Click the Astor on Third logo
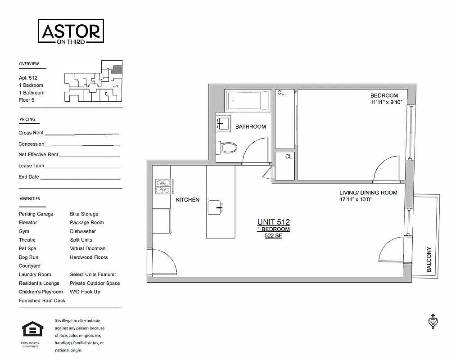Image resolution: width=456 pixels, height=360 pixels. (71, 32)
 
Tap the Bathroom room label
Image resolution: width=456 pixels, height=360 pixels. (250, 127)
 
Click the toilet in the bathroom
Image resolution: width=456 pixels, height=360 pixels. (227, 147)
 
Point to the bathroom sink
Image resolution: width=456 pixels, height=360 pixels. (223, 121)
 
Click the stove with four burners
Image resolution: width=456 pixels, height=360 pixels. (163, 187)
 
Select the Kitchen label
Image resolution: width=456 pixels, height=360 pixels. (187, 200)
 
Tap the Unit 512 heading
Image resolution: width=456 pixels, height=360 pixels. (273, 222)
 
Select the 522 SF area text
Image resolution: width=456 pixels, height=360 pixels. (273, 236)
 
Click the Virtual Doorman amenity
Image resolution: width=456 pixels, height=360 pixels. (88, 248)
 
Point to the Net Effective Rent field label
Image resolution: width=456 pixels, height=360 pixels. (38, 155)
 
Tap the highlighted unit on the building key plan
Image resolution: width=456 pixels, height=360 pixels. (117, 70)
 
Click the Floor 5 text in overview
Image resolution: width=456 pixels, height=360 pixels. (27, 100)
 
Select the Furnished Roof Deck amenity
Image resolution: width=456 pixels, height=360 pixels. (42, 301)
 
